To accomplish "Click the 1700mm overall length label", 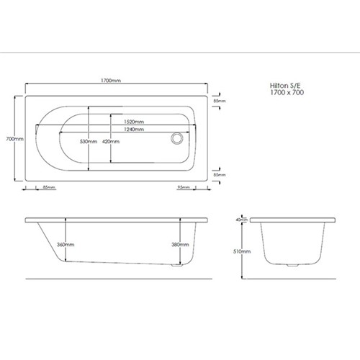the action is click(x=111, y=81).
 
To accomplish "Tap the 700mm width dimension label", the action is click(x=14, y=139).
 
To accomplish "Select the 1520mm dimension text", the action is click(x=134, y=122).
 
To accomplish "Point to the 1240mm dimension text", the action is click(x=134, y=130).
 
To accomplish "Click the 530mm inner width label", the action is click(x=89, y=142).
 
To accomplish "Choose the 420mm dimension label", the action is click(x=111, y=142).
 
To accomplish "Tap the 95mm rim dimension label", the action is click(x=184, y=187).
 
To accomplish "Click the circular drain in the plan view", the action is click(x=177, y=138).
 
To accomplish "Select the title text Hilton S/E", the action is click(x=285, y=86).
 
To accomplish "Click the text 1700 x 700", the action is click(x=287, y=92).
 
